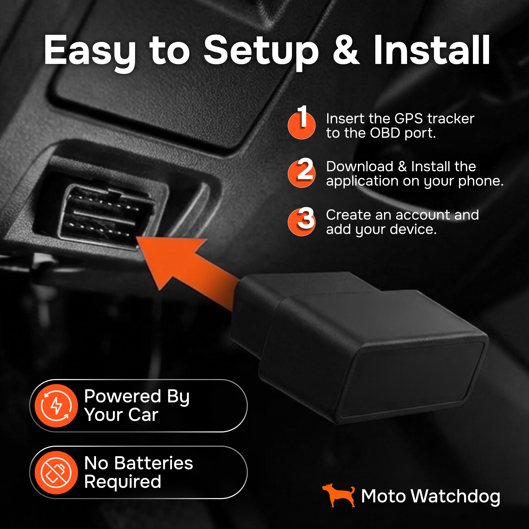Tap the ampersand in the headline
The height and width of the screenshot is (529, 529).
346,50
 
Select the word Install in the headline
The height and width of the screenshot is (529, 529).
432,50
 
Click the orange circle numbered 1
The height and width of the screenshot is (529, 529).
302,125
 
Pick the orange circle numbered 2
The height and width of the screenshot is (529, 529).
302,174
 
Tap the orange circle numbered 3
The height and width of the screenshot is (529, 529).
302,222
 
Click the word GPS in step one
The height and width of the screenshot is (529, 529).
409,118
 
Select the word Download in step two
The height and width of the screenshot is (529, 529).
359,166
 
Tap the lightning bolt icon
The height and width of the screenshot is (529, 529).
56,405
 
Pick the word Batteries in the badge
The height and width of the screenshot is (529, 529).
154,463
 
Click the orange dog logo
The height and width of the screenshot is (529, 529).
339,495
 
